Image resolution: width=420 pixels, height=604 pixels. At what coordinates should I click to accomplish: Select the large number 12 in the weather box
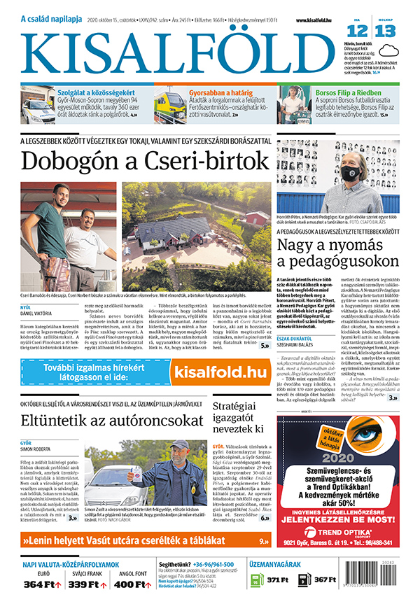[x=357, y=31]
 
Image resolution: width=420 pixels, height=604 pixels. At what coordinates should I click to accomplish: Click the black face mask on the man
[x=351, y=172]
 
